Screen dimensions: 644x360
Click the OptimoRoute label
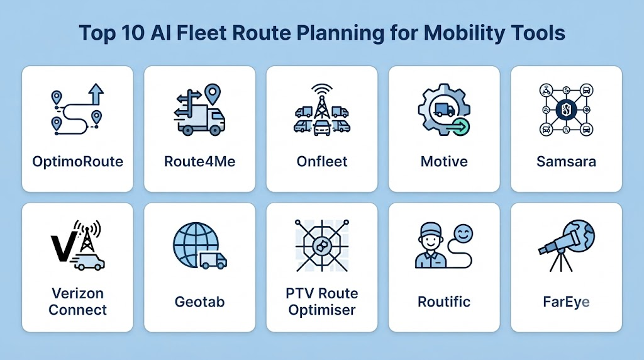77,162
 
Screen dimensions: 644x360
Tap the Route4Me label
199,162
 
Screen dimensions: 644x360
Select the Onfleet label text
322,162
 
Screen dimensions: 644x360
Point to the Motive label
444,162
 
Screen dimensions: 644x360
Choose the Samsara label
566,162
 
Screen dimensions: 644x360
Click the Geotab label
199,302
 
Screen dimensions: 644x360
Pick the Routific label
444,301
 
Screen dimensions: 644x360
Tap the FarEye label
566,302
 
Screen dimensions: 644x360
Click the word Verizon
77,293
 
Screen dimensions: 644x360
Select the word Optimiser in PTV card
322,310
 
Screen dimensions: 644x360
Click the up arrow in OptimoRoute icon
96,94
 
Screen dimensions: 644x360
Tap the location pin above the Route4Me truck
213,94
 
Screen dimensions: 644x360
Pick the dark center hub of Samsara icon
566,110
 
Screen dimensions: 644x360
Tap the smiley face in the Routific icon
463,234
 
